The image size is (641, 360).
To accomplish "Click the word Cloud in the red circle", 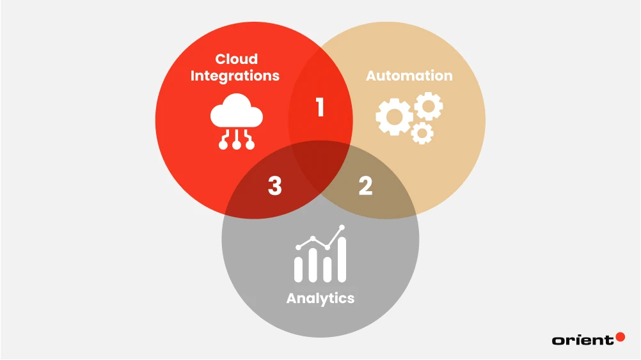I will click(x=236, y=59).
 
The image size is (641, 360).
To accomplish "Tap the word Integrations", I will click(x=235, y=75).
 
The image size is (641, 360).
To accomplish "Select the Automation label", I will click(x=409, y=75).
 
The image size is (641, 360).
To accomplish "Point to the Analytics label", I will click(x=320, y=299).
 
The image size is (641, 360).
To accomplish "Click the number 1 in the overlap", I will click(x=320, y=108).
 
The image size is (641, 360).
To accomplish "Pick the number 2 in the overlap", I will click(x=365, y=186).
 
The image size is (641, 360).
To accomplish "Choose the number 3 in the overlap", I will click(x=274, y=186).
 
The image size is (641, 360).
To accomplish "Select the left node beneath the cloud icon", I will click(x=223, y=145).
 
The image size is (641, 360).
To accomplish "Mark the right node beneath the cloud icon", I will click(x=250, y=145).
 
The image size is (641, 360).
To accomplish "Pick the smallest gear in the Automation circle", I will click(x=422, y=133).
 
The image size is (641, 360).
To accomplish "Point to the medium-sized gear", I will click(x=427, y=106).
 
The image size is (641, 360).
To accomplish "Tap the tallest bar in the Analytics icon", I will click(x=342, y=260).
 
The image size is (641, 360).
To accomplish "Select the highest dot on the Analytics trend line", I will click(x=342, y=227).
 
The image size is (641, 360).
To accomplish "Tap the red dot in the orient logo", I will click(x=619, y=336).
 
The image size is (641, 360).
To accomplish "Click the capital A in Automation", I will click(x=371, y=75).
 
